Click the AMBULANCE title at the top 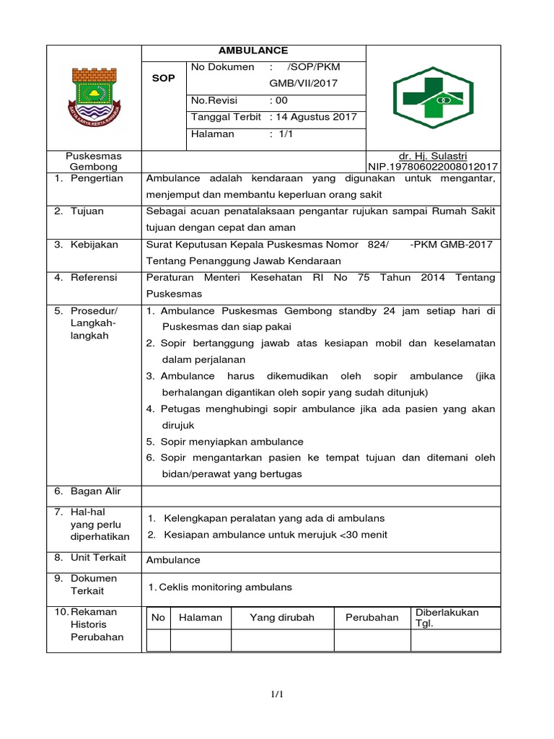[x=253, y=51]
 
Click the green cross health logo [x=434, y=97]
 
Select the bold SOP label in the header [x=163, y=78]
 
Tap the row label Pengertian [x=97, y=178]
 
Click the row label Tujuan [x=87, y=211]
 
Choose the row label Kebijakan [x=94, y=245]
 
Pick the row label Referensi [x=94, y=277]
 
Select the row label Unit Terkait [x=98, y=557]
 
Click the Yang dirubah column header [x=283, y=618]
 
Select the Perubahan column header [x=371, y=618]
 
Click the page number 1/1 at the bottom [x=278, y=695]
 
